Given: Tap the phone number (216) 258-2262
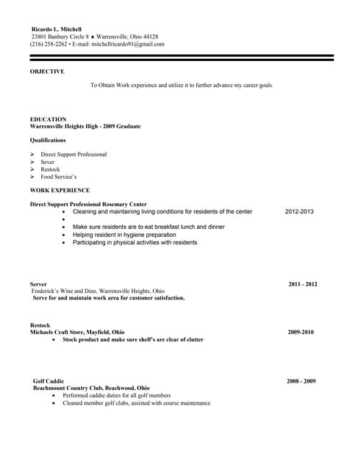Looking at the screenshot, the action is coord(49,44).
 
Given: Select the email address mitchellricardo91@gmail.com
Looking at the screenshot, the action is coord(128,44).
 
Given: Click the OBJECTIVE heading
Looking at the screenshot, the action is coord(47,71).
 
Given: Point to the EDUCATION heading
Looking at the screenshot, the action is coord(49,119).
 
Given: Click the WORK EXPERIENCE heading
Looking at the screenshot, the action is coord(60,190).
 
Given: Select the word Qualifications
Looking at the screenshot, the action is coord(48,140).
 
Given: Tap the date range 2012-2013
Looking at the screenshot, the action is coord(299,212).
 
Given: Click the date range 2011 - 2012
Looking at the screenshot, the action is coord(302,284).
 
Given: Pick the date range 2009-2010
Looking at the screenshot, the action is coord(301,332).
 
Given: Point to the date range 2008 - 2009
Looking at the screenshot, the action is coord(301,381).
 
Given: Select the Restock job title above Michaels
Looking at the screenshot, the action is coord(40,325).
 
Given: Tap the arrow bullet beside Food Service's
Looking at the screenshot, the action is coord(33,177).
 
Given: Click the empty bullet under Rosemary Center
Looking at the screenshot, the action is coord(65,219).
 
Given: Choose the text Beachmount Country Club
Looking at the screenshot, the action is coord(70,388).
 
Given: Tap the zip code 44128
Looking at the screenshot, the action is coord(149,37).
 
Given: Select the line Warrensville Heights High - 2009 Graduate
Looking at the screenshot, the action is coord(85,126).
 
